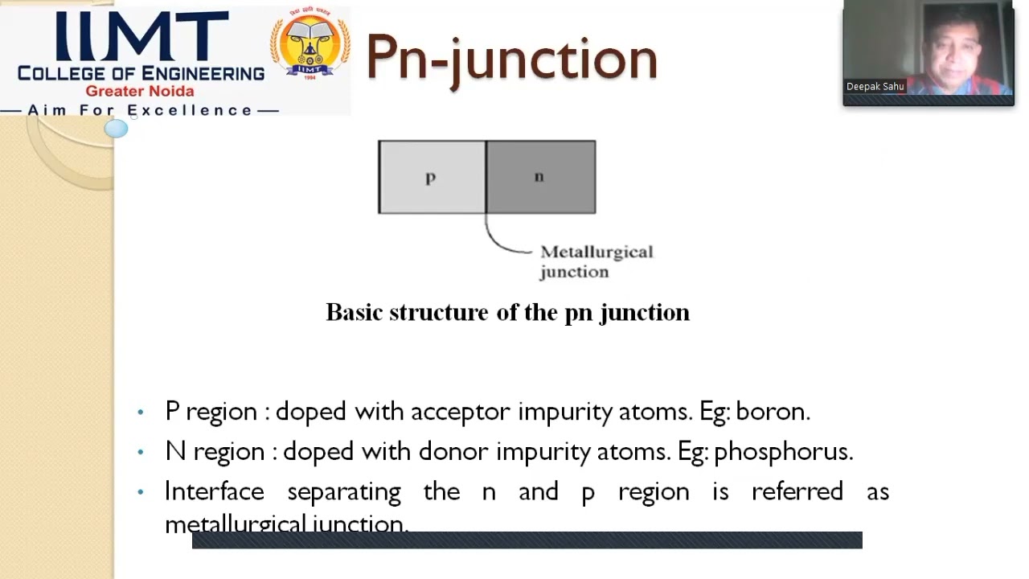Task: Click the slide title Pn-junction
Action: point(511,58)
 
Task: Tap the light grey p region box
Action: point(432,177)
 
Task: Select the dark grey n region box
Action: point(540,177)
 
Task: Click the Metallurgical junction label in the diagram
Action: point(596,261)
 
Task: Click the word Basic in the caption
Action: point(354,312)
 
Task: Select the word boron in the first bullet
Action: point(772,411)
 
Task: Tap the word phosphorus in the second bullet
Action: point(782,451)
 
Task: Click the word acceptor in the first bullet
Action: point(460,411)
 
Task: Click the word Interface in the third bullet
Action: point(214,491)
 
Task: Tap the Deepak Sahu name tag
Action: point(875,87)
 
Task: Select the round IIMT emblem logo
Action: point(310,46)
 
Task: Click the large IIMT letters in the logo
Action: point(141,36)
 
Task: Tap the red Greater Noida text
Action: point(140,91)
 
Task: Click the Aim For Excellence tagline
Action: point(141,110)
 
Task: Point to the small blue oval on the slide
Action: point(116,129)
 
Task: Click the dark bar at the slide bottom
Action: point(527,540)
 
